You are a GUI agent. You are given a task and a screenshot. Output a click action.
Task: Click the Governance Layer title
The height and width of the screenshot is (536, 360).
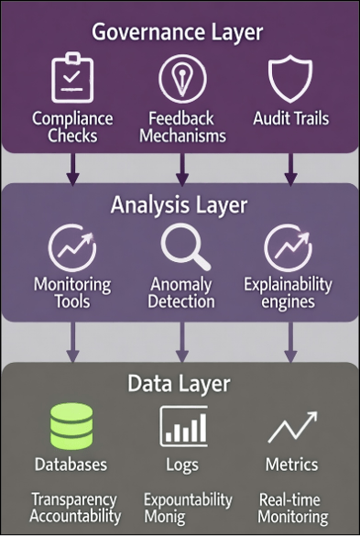(177, 33)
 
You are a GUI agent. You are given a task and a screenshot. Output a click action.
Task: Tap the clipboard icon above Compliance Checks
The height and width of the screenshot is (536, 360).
(72, 80)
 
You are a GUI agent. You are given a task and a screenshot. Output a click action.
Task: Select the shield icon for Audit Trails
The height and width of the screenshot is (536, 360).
(290, 79)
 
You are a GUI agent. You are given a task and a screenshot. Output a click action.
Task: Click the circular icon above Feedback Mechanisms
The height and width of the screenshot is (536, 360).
(182, 80)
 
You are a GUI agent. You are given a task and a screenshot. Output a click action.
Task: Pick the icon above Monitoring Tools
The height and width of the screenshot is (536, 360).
(72, 248)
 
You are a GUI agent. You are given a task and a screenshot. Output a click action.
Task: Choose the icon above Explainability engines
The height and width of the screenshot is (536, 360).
(288, 248)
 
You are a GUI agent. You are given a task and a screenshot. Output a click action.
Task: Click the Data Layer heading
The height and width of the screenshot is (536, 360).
(179, 383)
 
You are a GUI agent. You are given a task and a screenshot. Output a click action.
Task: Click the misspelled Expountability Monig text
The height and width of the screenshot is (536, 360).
(188, 509)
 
